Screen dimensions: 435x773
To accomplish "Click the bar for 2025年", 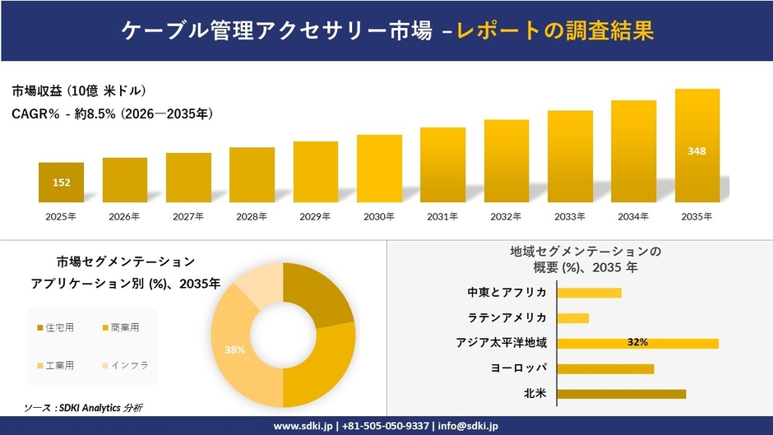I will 61,183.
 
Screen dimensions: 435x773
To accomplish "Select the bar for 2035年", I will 697,146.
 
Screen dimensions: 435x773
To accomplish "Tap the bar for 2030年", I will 379,169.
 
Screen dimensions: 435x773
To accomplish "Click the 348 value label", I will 697,150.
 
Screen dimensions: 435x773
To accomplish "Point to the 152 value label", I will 61,183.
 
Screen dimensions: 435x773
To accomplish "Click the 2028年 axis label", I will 252,216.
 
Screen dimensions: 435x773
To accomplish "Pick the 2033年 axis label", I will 570,216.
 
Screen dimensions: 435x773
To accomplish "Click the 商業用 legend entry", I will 124,328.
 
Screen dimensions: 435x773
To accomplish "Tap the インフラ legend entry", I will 128,365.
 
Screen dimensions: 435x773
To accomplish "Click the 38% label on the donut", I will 234,349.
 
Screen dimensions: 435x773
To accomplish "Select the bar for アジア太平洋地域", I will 637,343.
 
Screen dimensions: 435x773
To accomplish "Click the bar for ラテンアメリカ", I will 573,318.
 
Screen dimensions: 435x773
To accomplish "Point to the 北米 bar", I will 621,394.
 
